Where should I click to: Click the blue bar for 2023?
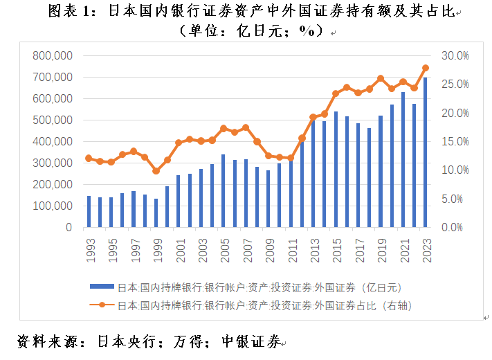[425, 152]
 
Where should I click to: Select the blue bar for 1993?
[89, 211]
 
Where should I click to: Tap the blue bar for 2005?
[223, 190]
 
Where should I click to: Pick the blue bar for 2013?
[313, 173]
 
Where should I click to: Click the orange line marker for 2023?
[425, 68]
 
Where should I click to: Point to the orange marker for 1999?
[156, 171]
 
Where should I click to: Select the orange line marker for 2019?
[381, 78]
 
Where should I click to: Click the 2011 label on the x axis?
[291, 248]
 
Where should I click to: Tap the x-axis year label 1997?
[134, 248]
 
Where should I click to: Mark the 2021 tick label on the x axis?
[403, 248]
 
